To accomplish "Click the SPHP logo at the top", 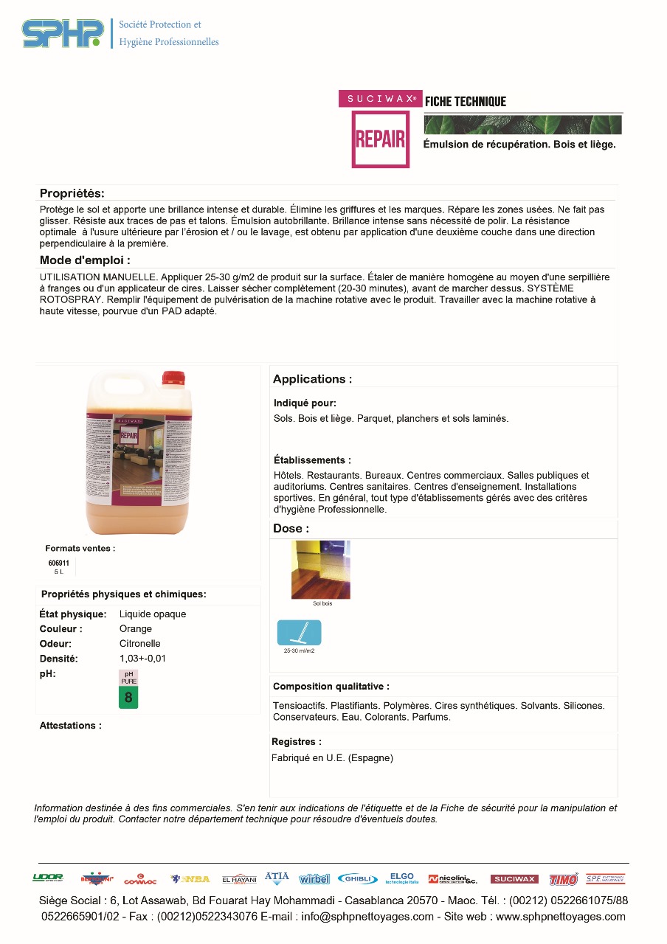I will pos(63,33).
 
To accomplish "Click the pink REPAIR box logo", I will pos(380,139).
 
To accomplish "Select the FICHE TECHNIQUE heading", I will pos(466,102).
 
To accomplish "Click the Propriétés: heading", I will pos(72,193).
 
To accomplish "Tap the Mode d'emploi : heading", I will pos(85,260).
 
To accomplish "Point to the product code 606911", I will pos(59,563).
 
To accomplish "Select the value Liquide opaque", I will pos(153,614).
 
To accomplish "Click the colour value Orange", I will pos(136,628).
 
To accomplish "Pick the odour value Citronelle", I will pos(140,643).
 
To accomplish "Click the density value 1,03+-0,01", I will pos(142,658).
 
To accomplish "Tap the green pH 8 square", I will pos(128,698).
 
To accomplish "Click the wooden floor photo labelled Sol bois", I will pos(321,569).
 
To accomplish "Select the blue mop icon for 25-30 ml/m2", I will pos(299,633).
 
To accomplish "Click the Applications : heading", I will pos(312,379).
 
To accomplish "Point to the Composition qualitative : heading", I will pos(331,686).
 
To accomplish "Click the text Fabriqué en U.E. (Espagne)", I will pos(332,757).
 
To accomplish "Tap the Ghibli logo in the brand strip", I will pos(358,878).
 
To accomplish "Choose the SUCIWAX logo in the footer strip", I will pos(514,878).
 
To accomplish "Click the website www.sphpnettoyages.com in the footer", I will pos(560,917).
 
